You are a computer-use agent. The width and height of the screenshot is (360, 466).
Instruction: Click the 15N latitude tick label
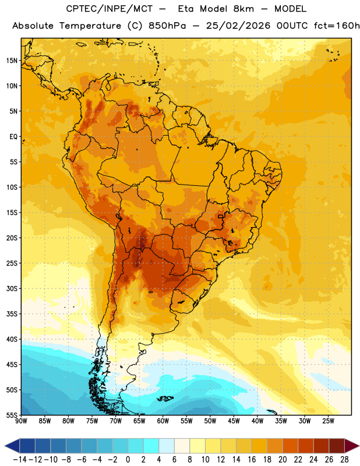coord(12,61)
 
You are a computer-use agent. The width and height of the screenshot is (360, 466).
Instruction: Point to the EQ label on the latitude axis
coord(13,137)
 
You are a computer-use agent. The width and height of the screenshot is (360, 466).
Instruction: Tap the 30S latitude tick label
coord(12,288)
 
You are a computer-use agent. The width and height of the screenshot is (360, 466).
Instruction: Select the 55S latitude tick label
coord(12,415)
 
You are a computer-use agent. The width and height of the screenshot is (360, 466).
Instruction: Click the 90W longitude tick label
coord(21,421)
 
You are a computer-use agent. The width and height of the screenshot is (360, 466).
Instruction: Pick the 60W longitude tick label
coord(163,421)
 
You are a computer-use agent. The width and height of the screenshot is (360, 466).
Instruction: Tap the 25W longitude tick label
coord(328,421)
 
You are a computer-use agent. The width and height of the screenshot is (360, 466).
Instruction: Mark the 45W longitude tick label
coord(234,421)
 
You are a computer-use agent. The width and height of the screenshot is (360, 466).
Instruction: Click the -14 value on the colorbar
coord(20,460)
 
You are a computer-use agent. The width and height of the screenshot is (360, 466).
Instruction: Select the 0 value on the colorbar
coord(128,460)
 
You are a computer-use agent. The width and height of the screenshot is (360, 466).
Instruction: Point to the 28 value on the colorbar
coord(344,460)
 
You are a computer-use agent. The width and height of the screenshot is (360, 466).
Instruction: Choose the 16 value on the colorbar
coord(252,460)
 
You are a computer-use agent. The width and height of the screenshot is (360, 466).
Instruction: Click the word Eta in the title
coord(186,9)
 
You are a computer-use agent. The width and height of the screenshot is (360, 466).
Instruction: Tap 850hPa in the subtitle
coord(167,26)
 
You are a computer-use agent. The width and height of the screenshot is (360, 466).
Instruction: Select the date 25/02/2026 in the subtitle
coord(238,26)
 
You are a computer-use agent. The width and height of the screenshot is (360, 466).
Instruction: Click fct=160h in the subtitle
coord(337,26)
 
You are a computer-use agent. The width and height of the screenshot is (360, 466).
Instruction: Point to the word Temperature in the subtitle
coord(90,26)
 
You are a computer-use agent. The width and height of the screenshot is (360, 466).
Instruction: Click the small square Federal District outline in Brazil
coord(220,216)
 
